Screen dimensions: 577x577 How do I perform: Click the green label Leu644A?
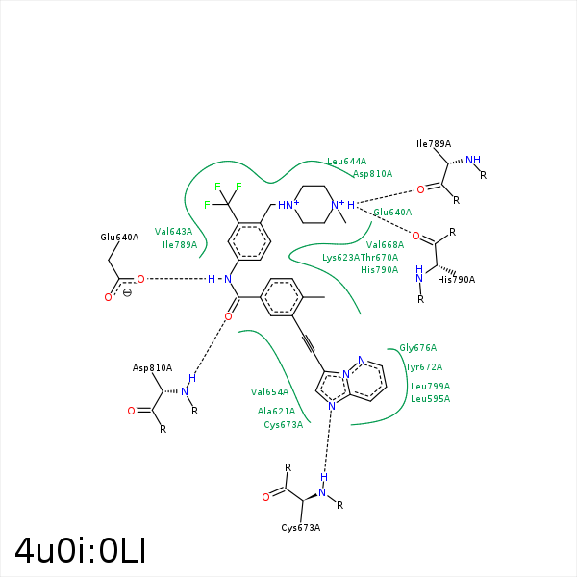[346, 162]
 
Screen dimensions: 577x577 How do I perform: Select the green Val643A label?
[173, 232]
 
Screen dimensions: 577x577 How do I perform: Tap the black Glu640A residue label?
[119, 237]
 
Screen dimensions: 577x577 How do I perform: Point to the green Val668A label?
[385, 245]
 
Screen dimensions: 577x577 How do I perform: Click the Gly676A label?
[418, 348]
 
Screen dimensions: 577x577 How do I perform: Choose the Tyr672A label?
[424, 367]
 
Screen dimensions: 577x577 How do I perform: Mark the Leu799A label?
[430, 387]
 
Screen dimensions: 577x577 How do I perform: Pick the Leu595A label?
[430, 398]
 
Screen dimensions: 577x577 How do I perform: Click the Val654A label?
[269, 392]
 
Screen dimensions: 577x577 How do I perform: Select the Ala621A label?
[276, 412]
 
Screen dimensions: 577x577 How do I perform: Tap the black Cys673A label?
[301, 528]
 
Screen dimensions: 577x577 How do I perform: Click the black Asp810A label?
[152, 368]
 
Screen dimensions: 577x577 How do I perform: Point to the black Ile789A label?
[434, 144]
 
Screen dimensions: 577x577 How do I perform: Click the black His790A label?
[457, 280]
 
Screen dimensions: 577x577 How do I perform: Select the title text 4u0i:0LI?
[80, 550]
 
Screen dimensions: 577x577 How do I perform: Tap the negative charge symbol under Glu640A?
[127, 292]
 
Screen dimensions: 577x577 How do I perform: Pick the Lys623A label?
[340, 258]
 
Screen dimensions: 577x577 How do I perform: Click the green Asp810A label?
[372, 174]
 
